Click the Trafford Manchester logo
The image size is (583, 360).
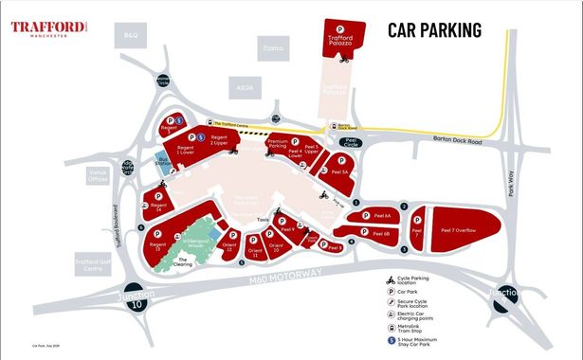[x=50, y=27]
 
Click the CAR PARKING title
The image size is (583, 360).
[x=435, y=29]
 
